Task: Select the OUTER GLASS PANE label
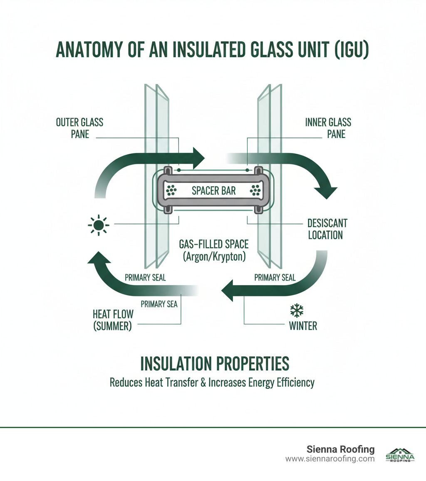(79, 128)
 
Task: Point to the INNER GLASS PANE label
(328, 128)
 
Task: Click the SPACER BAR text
(214, 191)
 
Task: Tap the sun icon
(98, 225)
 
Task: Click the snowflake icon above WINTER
(297, 311)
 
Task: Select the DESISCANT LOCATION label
(327, 229)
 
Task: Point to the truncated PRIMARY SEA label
(159, 304)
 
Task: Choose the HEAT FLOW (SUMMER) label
(112, 320)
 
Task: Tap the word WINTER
(303, 326)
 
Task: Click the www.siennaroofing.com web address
(330, 458)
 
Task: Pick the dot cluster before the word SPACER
(171, 191)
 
